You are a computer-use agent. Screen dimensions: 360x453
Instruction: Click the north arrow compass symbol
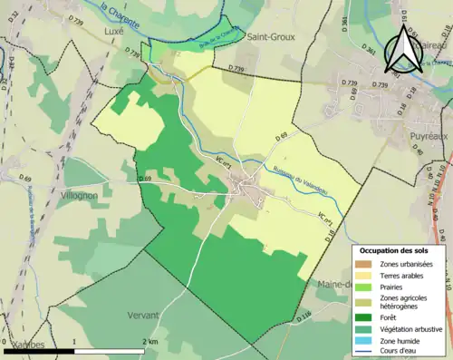400,47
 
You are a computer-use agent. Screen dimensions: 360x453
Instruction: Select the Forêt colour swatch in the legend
367,317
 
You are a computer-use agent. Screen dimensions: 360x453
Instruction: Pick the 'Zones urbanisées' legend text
407,264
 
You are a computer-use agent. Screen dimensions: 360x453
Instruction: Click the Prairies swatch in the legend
367,286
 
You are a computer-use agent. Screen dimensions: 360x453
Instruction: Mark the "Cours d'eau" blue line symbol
367,353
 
